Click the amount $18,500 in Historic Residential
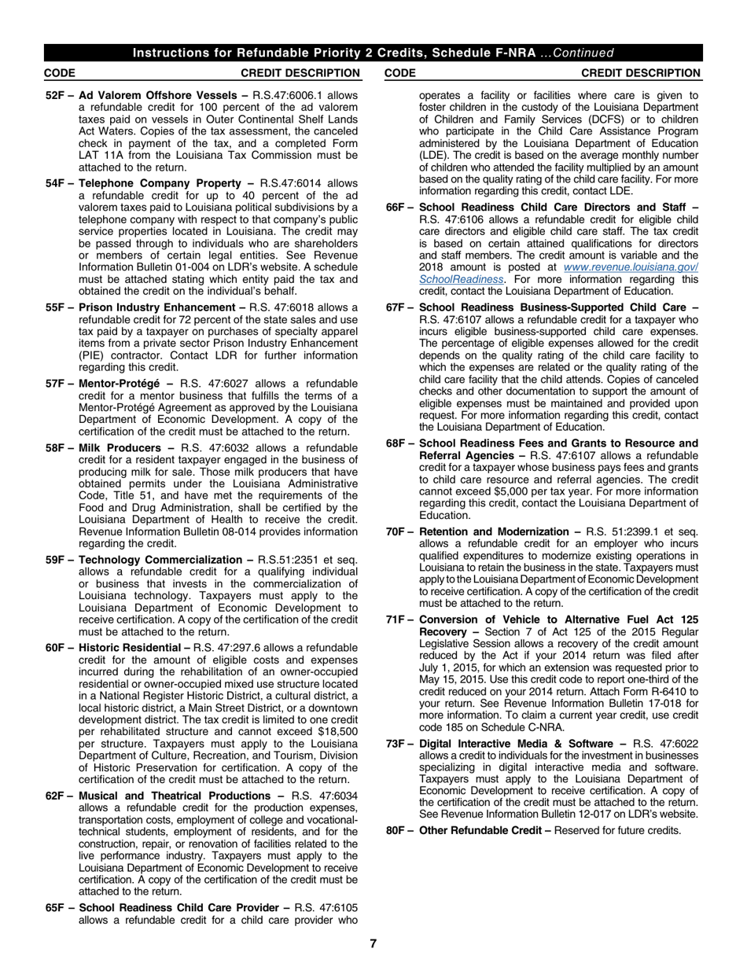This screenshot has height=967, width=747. [x=335, y=731]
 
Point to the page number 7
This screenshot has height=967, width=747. [x=373, y=944]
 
